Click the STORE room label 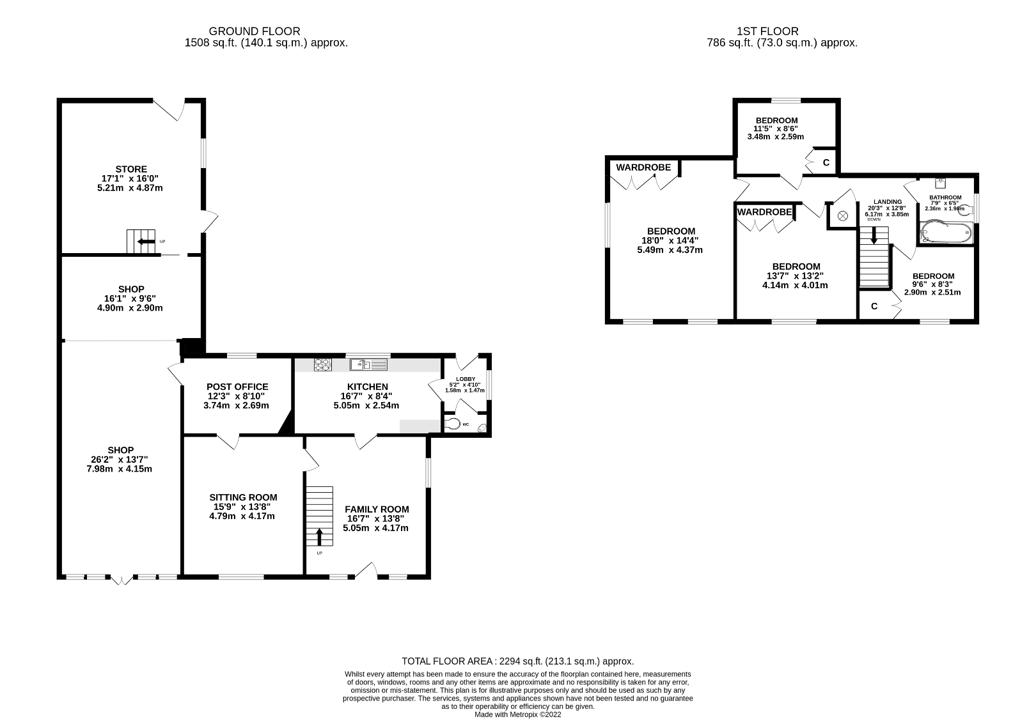[x=131, y=169]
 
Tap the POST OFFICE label [x=237, y=387]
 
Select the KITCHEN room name [x=367, y=387]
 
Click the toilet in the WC [x=452, y=424]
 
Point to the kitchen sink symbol [x=369, y=365]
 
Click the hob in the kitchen [x=322, y=365]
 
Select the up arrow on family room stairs [x=320, y=537]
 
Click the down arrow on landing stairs [x=874, y=237]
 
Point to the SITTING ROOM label [x=243, y=497]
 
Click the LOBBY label [x=465, y=379]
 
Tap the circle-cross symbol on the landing [x=842, y=216]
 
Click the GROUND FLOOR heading [x=255, y=31]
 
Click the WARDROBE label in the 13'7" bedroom [x=765, y=212]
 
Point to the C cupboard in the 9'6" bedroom [x=874, y=306]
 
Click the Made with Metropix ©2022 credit [x=517, y=715]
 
